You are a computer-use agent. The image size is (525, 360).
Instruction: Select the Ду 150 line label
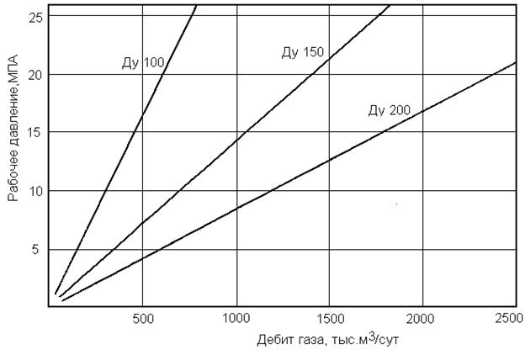coord(302,53)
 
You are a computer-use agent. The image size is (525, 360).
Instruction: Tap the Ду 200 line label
coord(389,110)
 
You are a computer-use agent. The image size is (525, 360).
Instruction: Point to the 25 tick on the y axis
coord(35,16)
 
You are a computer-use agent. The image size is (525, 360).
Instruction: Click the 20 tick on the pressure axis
coord(35,74)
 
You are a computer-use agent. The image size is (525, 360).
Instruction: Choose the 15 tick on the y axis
coord(35,132)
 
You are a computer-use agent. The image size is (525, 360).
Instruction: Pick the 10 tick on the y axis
coord(35,191)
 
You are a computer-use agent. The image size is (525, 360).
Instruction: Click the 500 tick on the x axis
coord(143,319)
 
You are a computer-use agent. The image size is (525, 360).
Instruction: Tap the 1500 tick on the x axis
coord(329,319)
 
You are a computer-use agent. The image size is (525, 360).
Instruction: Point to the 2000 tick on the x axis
coord(422,319)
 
